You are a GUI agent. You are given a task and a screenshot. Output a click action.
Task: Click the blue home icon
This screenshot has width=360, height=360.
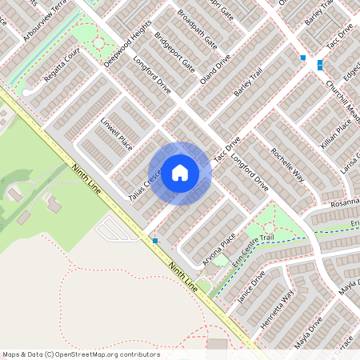click(180, 173)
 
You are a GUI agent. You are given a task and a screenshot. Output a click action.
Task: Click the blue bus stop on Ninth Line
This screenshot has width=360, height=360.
click(155, 240)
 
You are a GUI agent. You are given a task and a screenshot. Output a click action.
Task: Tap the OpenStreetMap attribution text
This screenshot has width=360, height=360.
click(81, 354)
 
